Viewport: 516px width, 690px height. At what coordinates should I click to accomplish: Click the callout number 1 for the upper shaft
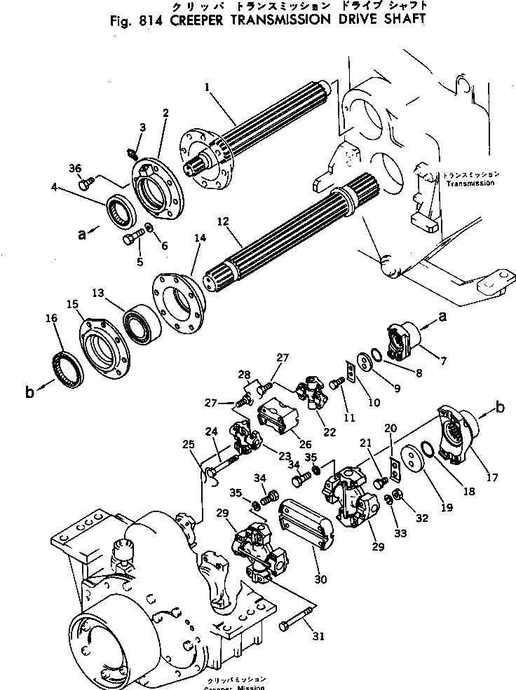point(208,87)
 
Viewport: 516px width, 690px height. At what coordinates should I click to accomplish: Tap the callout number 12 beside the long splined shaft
point(224,222)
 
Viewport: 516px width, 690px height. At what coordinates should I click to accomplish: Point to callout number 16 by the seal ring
point(50,319)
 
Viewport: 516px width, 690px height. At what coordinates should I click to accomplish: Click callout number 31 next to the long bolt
point(318,636)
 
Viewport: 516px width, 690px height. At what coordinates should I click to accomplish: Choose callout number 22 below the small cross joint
point(330,432)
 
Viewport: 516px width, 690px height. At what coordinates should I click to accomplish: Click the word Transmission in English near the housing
point(469,183)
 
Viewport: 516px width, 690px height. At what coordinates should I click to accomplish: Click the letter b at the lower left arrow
point(29,392)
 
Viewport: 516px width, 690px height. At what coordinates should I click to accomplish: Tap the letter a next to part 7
point(442,317)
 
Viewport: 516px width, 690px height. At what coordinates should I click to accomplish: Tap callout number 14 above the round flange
point(201,238)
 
